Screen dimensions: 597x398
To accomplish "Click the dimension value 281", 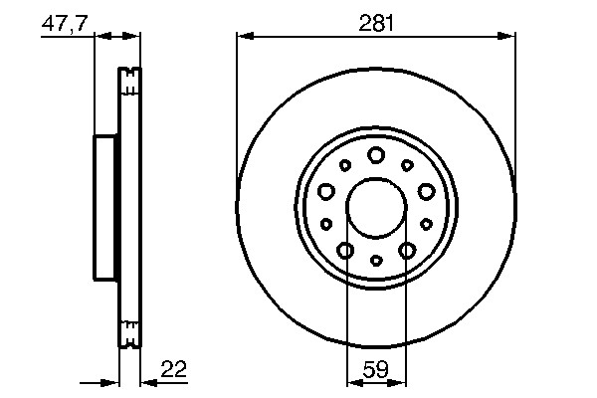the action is (x=376, y=23).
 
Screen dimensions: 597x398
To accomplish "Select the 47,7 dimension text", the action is (x=65, y=24).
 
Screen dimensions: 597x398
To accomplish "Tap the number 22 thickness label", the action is (x=173, y=369).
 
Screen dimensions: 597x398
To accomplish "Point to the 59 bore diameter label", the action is (x=376, y=369).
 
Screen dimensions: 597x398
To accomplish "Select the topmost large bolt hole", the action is (x=376, y=154).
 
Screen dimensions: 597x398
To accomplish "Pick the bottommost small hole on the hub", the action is (x=376, y=260).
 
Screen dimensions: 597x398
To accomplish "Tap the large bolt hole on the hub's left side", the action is (x=326, y=191).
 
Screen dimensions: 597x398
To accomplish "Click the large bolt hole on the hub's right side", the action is (x=426, y=191).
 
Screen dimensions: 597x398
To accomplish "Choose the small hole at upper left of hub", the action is (x=345, y=165).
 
